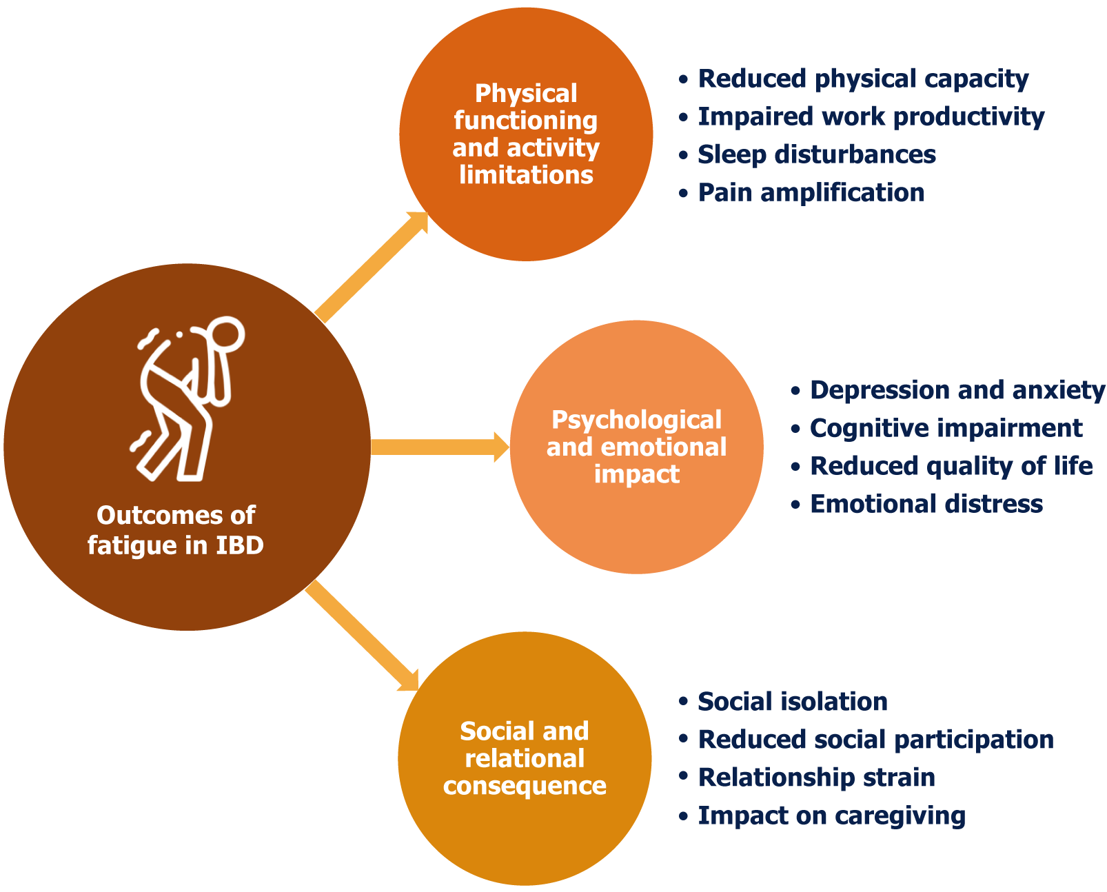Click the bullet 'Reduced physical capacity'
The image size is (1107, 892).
863,79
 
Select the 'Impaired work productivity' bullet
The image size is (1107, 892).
871,116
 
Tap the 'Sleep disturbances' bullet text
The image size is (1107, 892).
817,154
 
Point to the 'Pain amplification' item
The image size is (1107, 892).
811,192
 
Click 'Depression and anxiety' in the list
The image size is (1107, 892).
957,390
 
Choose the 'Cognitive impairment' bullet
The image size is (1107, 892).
946,428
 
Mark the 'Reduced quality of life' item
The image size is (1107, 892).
951,466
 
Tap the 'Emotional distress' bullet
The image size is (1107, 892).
926,504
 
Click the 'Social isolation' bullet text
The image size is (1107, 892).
793,702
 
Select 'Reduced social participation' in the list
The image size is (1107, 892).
875,740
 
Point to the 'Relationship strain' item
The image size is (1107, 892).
817,778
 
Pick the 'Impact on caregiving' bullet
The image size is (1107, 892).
831,815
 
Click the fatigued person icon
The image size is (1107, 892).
183,400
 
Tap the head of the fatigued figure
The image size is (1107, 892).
227,334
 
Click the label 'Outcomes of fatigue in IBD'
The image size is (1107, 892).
176,530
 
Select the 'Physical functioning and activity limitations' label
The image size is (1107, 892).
526,134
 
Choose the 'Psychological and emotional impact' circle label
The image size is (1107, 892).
636,447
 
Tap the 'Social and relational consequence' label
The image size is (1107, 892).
525,758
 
